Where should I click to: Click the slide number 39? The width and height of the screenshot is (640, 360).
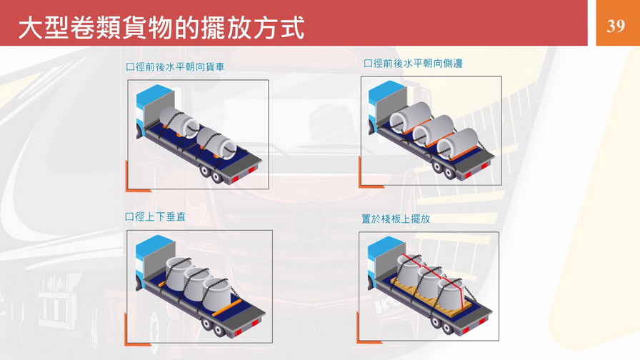[x=616, y=26]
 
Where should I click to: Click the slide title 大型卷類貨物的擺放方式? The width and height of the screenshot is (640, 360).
[x=161, y=28]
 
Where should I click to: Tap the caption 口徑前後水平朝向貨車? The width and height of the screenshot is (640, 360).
[x=175, y=66]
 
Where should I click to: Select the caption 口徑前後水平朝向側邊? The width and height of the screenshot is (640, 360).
[x=413, y=64]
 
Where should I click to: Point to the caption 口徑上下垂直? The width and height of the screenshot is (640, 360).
[x=156, y=216]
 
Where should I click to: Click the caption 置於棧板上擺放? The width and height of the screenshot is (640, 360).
[x=396, y=219]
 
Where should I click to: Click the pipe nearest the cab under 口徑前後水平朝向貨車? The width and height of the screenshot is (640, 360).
[x=179, y=121]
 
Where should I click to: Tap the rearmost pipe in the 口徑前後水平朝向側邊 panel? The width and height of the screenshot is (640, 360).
[x=457, y=144]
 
